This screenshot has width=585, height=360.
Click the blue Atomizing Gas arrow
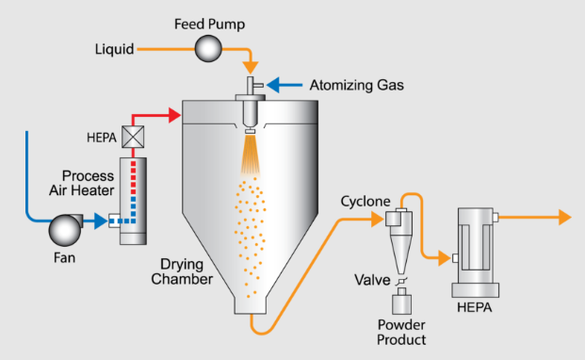(284, 87)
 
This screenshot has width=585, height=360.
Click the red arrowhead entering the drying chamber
(172, 116)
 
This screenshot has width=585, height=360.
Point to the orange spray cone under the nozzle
(251, 155)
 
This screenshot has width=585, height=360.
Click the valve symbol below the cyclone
(399, 280)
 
